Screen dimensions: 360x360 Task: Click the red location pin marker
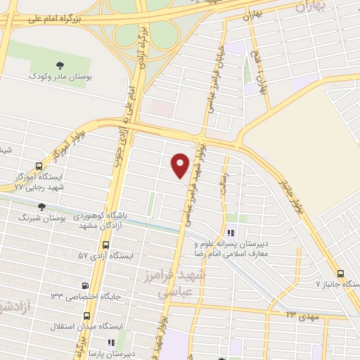(x=181, y=165)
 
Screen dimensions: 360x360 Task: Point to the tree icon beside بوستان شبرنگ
(x=40, y=207)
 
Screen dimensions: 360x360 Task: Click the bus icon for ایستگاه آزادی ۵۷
(x=105, y=245)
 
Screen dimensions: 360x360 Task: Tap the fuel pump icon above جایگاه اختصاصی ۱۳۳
(x=86, y=285)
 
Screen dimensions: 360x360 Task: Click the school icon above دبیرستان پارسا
(x=112, y=342)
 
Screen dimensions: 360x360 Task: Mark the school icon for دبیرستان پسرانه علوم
(x=231, y=234)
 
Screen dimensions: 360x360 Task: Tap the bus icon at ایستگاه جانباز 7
(x=340, y=274)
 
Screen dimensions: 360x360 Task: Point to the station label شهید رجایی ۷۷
(x=39, y=187)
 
